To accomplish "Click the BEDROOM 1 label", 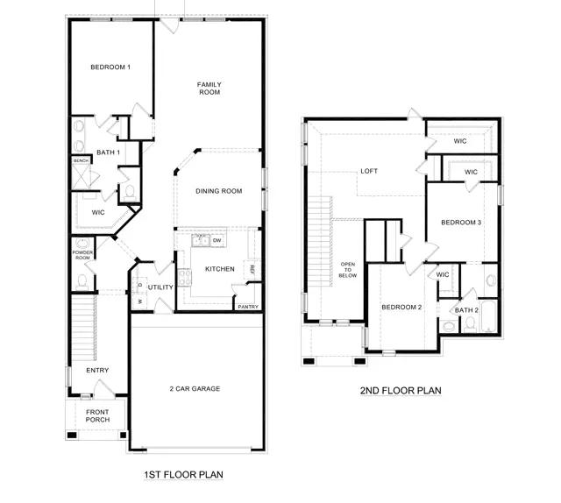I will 110,67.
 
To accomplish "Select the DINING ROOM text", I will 218,191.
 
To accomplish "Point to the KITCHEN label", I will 219,269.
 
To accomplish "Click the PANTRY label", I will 248,307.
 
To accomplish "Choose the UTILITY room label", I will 160,287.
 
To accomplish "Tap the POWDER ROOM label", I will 82,255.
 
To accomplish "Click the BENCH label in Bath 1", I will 81,161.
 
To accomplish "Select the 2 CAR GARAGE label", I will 195,388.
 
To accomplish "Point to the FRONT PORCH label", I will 97,415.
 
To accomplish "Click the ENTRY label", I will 97,371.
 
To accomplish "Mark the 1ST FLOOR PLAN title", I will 183,475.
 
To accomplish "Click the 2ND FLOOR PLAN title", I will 400,391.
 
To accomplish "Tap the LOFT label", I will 369,171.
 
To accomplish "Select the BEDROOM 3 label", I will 461,223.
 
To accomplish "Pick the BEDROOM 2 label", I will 401,307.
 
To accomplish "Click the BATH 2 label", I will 465,309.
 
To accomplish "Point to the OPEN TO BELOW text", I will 348,269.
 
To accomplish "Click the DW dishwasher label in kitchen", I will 217,239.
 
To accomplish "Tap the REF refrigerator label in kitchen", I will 252,270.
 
